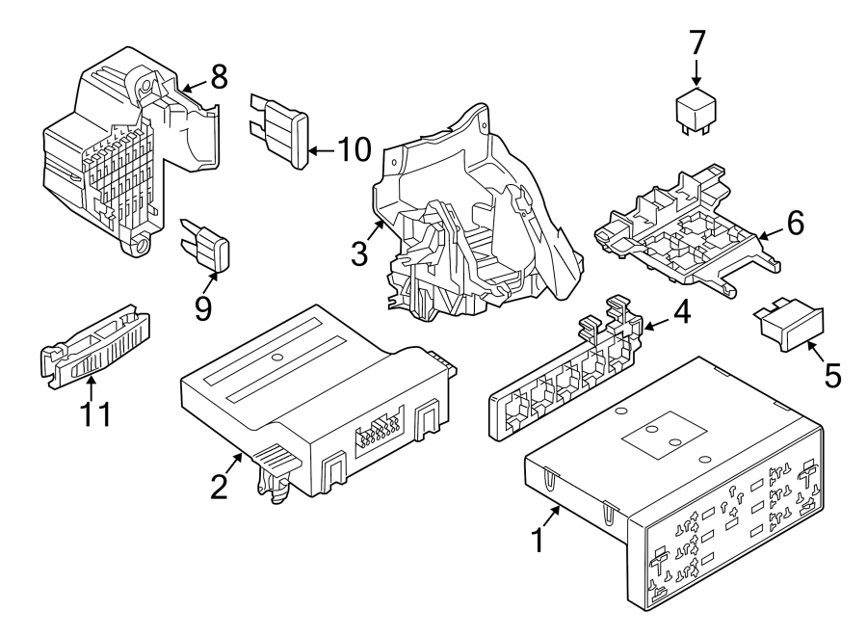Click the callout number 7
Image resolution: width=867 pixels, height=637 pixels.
click(697, 42)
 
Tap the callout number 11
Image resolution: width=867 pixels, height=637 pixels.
click(95, 415)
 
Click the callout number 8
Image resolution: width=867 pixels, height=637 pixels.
click(220, 76)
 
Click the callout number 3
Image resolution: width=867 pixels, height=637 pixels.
click(358, 254)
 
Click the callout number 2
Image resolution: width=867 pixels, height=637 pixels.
click(220, 486)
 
